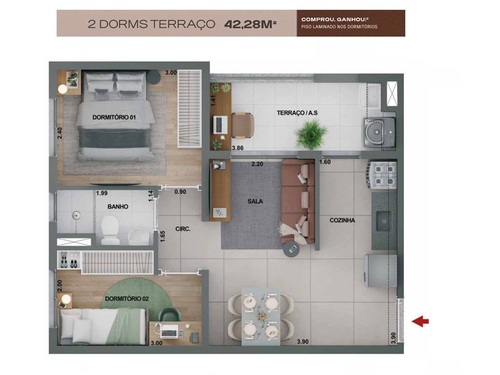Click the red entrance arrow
point(420,321)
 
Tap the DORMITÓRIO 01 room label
point(114,117)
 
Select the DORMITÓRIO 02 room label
point(126,299)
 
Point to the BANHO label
point(118,207)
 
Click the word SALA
point(255,201)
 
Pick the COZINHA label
point(342,220)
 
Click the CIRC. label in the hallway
point(183,229)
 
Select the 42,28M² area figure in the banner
point(250,24)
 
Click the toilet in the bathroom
point(110,229)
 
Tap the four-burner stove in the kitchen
point(384,175)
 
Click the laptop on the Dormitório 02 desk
point(169,331)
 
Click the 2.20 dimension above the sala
point(257,164)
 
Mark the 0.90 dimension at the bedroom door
point(180,192)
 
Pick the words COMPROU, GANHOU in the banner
point(324,20)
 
